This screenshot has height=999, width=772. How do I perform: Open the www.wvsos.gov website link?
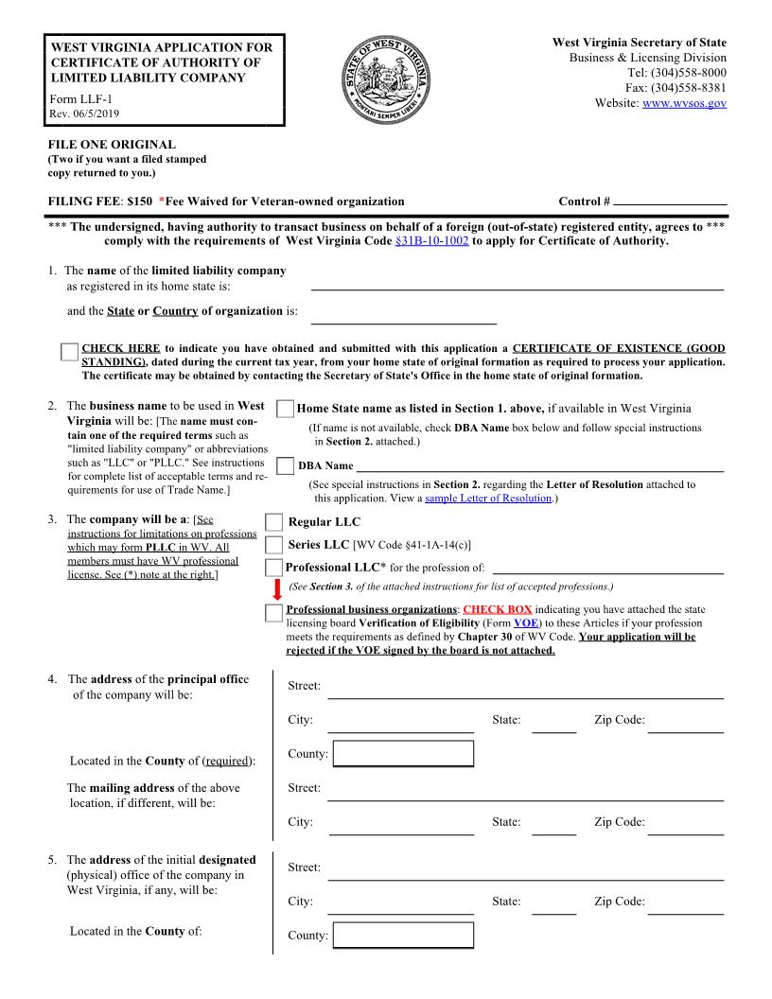pyautogui.click(x=684, y=102)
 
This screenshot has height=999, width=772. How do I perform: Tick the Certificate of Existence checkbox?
pyautogui.click(x=69, y=353)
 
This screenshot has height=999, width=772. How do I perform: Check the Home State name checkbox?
pyautogui.click(x=285, y=409)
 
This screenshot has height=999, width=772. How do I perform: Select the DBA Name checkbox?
pyautogui.click(x=285, y=465)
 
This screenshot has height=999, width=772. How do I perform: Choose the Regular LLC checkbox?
pyautogui.click(x=274, y=522)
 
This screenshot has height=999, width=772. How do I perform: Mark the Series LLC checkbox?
pyautogui.click(x=274, y=545)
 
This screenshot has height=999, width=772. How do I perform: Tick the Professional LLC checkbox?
pyautogui.click(x=274, y=568)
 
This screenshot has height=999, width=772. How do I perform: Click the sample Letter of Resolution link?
pyautogui.click(x=488, y=498)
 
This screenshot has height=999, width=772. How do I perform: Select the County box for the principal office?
pyautogui.click(x=403, y=754)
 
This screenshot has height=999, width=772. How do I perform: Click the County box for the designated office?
pyautogui.click(x=403, y=936)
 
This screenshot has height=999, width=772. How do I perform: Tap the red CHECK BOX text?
pyautogui.click(x=497, y=610)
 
